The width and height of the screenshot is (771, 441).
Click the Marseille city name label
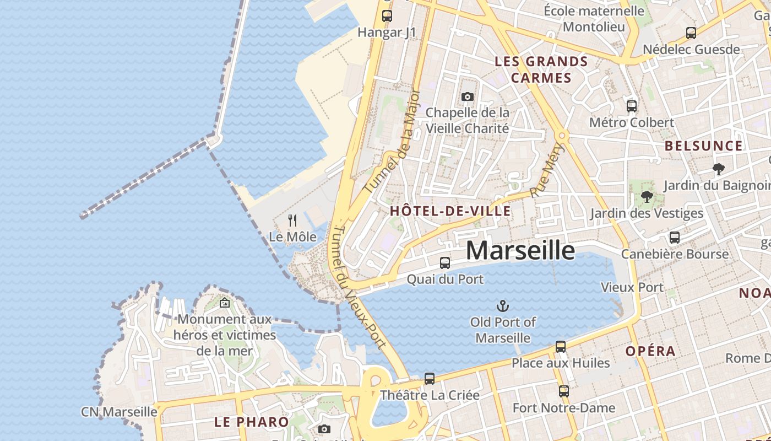[x=520, y=250]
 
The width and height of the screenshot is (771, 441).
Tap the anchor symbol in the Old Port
[x=502, y=306]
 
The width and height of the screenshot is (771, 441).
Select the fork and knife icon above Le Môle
[x=292, y=220]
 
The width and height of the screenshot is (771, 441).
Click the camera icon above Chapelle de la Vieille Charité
[x=468, y=97]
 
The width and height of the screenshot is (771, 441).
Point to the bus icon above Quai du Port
[x=445, y=263]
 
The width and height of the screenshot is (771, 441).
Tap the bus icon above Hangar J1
[x=387, y=16]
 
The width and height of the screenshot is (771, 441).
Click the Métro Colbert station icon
[x=632, y=106]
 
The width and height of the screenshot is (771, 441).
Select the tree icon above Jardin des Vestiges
[x=647, y=197]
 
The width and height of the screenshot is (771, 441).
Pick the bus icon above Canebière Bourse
[x=675, y=238]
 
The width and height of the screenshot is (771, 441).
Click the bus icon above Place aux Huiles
[x=561, y=347]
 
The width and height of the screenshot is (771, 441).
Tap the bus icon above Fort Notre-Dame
[x=564, y=391]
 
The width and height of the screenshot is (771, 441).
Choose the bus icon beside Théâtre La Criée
[x=430, y=379]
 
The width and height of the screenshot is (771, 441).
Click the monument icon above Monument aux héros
[x=225, y=303]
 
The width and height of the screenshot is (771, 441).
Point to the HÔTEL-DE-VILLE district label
[x=450, y=211]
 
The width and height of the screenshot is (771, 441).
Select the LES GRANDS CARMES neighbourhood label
[x=541, y=69]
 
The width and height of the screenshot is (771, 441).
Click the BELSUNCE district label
[x=704, y=146]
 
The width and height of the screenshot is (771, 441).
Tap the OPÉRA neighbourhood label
[x=650, y=351]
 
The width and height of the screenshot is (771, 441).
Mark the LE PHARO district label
[x=251, y=422]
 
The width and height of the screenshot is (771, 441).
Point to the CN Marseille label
[x=119, y=412]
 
